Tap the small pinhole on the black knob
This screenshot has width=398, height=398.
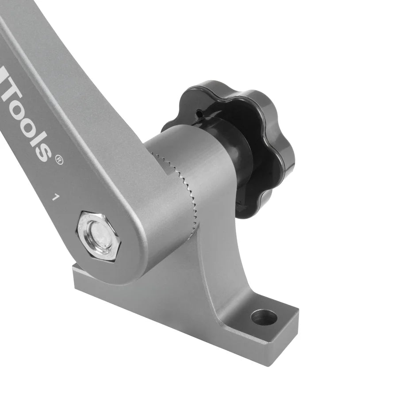199,114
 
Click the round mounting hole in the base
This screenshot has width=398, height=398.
264,317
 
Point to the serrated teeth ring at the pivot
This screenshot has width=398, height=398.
186,190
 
